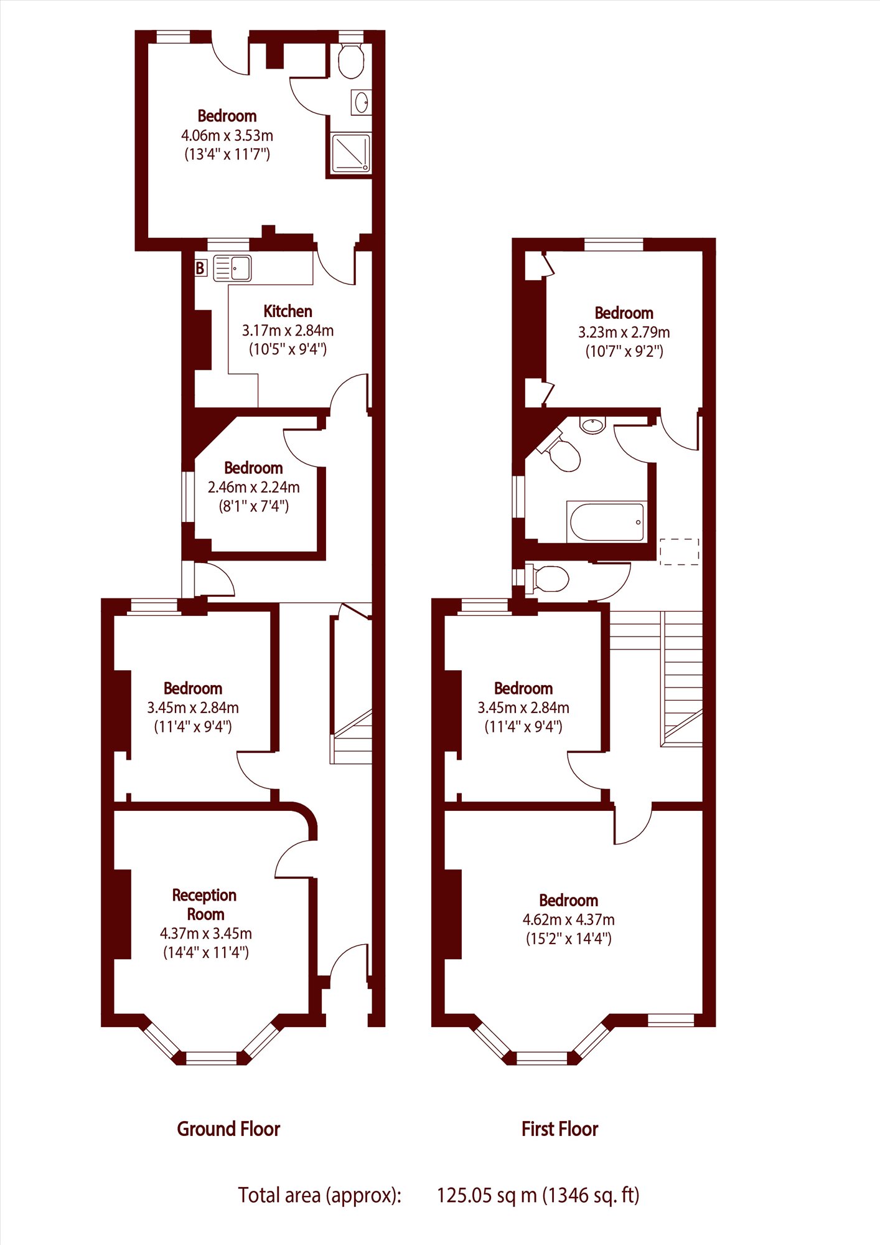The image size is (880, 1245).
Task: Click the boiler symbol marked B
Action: pyautogui.click(x=200, y=268)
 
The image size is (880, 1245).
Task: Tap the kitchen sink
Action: pyautogui.click(x=232, y=268)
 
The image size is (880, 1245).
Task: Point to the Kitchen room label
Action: pyautogui.click(x=288, y=311)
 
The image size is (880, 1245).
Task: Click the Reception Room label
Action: pyautogui.click(x=205, y=905)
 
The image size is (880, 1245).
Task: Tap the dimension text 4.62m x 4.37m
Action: pyautogui.click(x=569, y=920)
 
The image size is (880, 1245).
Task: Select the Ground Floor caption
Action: pyautogui.click(x=228, y=1129)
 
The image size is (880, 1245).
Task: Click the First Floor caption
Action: pyautogui.click(x=559, y=1129)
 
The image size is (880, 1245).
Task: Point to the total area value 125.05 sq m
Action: pyautogui.click(x=487, y=1195)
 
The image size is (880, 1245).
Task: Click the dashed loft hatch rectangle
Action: pyautogui.click(x=679, y=552)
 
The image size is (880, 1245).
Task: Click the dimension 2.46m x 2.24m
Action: pyautogui.click(x=254, y=487)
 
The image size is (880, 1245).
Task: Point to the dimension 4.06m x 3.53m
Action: pyautogui.click(x=227, y=135)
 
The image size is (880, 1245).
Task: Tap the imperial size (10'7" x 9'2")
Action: pyautogui.click(x=624, y=351)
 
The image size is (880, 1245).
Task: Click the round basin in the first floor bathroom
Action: pyautogui.click(x=592, y=425)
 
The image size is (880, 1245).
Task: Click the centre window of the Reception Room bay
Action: pyautogui.click(x=212, y=1057)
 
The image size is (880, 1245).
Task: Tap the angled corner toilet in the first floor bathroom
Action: pyautogui.click(x=560, y=451)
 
